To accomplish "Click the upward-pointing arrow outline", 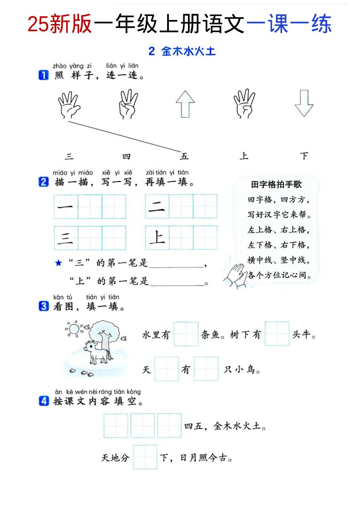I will coord(185,104).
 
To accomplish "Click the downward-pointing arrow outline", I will coord(304,104).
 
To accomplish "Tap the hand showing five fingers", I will coord(69,105).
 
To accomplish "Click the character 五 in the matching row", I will coord(184,157).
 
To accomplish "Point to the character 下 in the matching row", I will coord(304,157).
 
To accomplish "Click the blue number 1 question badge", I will coord(44,75).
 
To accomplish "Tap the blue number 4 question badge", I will coord(44,401).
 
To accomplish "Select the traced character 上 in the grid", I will coord(157,237).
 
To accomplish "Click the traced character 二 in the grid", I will coord(157,206).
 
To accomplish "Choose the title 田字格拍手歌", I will coord(276,185).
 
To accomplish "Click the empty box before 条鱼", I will coord(186,334).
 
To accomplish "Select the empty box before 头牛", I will coord(277,334).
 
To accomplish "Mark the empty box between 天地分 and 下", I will coord(145,457).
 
